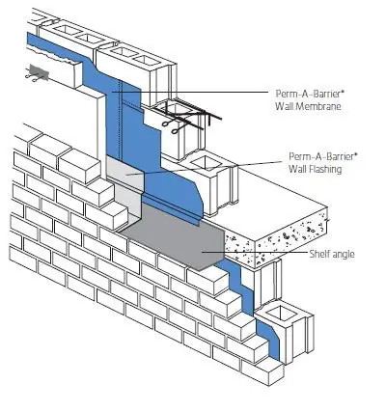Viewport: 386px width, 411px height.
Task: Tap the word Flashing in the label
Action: [324, 169]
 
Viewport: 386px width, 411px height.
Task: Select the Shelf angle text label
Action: [332, 254]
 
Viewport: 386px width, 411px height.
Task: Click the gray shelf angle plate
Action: [174, 238]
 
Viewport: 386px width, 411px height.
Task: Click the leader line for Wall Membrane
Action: [190, 92]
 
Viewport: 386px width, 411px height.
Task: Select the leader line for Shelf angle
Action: [255, 252]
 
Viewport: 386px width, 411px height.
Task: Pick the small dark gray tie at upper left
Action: [39, 72]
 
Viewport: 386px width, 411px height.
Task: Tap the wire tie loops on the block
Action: [173, 126]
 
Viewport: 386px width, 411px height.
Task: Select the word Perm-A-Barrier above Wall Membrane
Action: [308, 94]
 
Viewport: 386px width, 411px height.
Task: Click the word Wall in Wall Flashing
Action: [296, 168]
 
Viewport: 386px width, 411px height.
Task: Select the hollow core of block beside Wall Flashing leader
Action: [206, 162]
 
